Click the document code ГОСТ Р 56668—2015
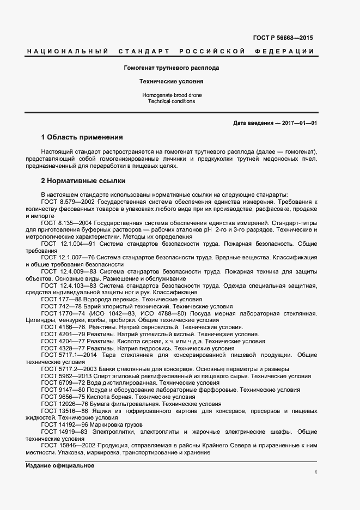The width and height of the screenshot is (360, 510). pyautogui.click(x=283, y=38)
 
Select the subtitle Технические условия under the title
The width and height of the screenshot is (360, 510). pyautogui.click(x=172, y=81)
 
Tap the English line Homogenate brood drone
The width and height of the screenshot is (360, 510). pyautogui.click(x=172, y=95)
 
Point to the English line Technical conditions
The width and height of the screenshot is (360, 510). pyautogui.click(x=172, y=102)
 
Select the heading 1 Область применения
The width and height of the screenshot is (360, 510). pyautogui.click(x=82, y=137)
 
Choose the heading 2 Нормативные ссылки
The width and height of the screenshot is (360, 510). pyautogui.click(x=83, y=180)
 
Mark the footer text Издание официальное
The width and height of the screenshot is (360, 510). pyautogui.click(x=60, y=465)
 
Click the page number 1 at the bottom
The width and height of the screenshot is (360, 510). pyautogui.click(x=315, y=472)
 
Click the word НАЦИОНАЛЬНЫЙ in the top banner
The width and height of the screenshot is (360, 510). pyautogui.click(x=66, y=51)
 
